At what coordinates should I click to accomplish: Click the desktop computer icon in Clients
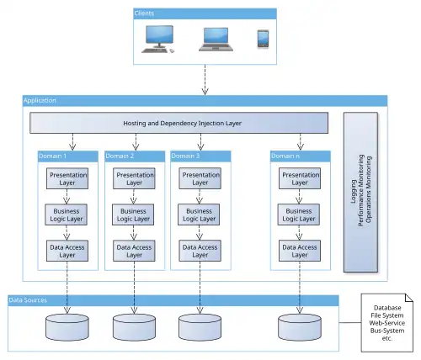click(157, 39)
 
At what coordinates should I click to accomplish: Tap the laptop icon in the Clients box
click(216, 40)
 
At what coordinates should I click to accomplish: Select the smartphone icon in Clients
click(263, 39)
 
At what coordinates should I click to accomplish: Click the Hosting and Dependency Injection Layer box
click(179, 123)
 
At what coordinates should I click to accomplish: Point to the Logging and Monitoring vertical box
click(360, 193)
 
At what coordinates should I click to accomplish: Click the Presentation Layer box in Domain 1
click(67, 178)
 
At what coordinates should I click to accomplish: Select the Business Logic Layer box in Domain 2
click(133, 214)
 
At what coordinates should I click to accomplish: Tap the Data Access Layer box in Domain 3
click(200, 251)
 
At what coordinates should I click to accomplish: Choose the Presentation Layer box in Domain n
click(300, 178)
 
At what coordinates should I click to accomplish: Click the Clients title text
click(144, 13)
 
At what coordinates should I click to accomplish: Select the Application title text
click(40, 100)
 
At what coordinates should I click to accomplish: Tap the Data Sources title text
click(28, 300)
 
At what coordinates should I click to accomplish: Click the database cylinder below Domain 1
click(67, 327)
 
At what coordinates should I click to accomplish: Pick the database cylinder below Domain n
click(300, 327)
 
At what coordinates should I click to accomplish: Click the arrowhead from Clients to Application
click(205, 91)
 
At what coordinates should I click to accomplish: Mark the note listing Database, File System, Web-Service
click(387, 323)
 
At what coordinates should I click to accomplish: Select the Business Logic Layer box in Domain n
click(299, 214)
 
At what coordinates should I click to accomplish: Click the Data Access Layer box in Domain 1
click(67, 251)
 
